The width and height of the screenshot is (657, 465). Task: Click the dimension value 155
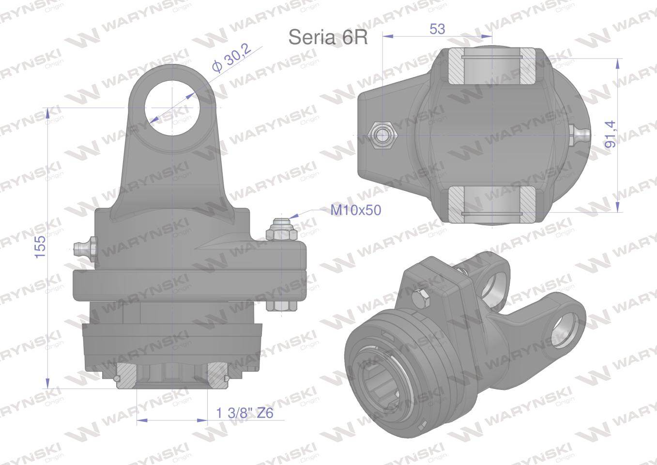click(x=41, y=247)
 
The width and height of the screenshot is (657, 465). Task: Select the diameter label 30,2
click(x=232, y=58)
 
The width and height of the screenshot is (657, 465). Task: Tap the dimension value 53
click(x=437, y=29)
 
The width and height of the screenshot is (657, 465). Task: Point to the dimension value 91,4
click(x=611, y=134)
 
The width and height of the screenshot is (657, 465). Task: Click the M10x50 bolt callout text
click(x=356, y=210)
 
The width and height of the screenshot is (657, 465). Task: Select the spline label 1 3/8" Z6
click(x=244, y=413)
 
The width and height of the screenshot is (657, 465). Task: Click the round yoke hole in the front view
click(x=173, y=108)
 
